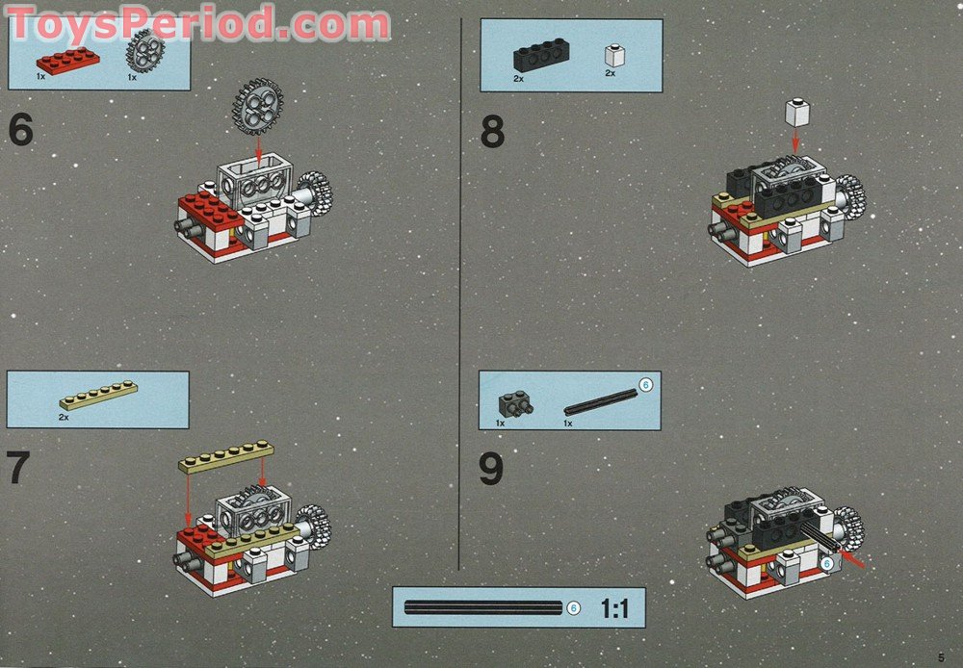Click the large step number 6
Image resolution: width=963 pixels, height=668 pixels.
pos(21,130)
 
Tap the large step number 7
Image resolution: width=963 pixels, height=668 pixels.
pos(17,468)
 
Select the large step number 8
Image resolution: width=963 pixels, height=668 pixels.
pos(492,132)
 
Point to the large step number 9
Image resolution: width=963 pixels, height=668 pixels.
pos(491,469)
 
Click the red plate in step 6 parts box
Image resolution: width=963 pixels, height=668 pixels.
pos(68,61)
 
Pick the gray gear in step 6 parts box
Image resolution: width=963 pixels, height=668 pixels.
pos(145,50)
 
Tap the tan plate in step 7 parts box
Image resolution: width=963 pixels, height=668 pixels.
pos(99,396)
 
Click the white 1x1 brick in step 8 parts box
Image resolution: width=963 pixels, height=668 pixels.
pos(614,55)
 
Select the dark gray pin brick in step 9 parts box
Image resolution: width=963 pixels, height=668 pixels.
pos(515,404)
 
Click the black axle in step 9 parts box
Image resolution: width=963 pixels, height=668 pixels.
pos(600,402)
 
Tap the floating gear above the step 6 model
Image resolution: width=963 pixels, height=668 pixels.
pos(258,107)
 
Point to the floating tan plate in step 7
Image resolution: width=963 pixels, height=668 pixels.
pos(226,456)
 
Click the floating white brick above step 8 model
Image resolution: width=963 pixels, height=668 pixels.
pos(797,113)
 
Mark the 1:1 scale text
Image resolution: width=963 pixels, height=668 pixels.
pos(614,608)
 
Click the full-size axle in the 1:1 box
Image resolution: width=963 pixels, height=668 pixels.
pos(483,607)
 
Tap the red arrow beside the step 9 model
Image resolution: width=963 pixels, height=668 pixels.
pos(851,558)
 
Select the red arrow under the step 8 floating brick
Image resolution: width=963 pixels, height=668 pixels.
pos(795,140)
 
